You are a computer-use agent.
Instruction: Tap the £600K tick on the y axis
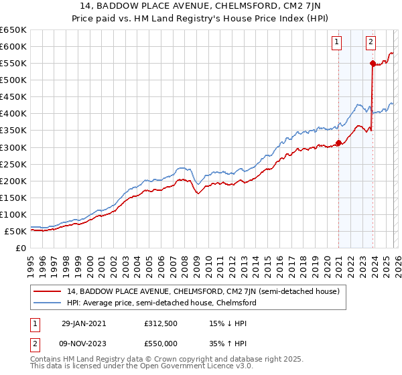(x=13, y=46)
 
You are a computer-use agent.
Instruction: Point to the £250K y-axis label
(x=13, y=164)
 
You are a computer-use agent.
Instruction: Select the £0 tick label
(x=20, y=248)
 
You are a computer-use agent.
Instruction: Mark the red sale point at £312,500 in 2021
(x=338, y=142)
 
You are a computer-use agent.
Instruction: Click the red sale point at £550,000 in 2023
(x=372, y=63)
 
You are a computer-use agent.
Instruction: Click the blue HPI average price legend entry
(x=161, y=303)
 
